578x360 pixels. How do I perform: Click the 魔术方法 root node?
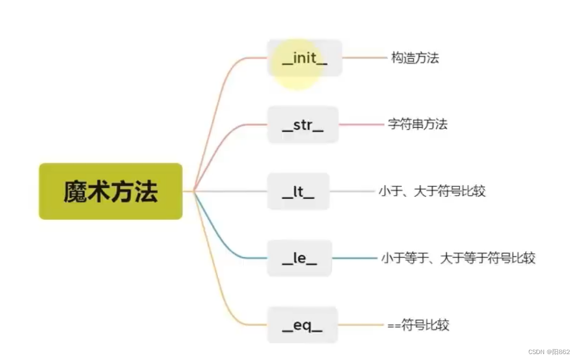point(111,191)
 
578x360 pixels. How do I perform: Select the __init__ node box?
point(305,58)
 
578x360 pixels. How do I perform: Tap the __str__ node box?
point(302,125)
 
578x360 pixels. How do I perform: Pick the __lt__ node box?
point(298,191)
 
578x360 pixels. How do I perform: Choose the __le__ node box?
point(299,258)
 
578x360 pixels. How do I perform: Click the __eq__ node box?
point(302,325)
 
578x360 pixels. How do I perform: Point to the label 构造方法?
point(415,58)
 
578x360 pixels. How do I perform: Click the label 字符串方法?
point(417,124)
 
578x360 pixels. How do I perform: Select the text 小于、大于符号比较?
point(432,191)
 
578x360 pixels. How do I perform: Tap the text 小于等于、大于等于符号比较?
point(458,258)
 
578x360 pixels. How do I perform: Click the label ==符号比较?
point(418,325)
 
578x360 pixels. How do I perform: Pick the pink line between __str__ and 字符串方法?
point(362,124)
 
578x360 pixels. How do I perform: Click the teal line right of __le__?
point(355,258)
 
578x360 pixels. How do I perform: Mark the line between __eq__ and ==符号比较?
point(361,325)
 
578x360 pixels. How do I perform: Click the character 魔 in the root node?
point(75,191)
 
